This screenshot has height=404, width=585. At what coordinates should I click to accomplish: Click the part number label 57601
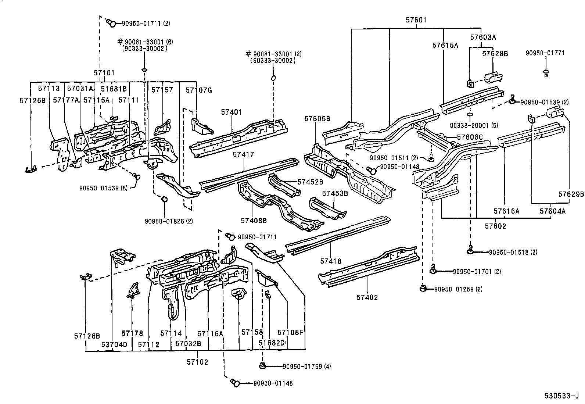pyautogui.click(x=416, y=20)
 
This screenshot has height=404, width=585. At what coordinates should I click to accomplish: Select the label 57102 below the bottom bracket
pyautogui.click(x=197, y=362)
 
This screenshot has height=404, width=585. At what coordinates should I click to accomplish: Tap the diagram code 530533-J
pyautogui.click(x=561, y=396)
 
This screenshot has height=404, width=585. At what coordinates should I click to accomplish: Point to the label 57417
pyautogui.click(x=243, y=155)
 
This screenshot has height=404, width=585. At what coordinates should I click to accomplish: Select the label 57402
pyautogui.click(x=367, y=297)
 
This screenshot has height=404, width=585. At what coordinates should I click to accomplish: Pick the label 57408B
pyautogui.click(x=254, y=221)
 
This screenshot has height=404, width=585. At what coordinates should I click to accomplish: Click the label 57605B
pyautogui.click(x=317, y=118)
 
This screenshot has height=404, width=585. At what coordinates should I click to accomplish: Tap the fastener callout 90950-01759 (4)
pyautogui.click(x=307, y=367)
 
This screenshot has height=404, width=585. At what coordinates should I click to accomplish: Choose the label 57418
pyautogui.click(x=331, y=261)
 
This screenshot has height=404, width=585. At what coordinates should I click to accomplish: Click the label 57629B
pyautogui.click(x=571, y=194)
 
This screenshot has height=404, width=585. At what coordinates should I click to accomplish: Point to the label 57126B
pyautogui.click(x=87, y=336)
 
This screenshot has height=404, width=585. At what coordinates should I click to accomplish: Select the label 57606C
pyautogui.click(x=470, y=137)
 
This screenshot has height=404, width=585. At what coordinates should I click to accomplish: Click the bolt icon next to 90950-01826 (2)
pyautogui.click(x=165, y=199)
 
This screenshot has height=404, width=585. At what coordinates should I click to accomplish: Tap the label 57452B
pyautogui.click(x=310, y=182)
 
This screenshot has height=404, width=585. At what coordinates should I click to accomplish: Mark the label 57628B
pyautogui.click(x=495, y=54)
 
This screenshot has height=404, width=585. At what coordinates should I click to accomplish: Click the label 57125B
pyautogui.click(x=32, y=100)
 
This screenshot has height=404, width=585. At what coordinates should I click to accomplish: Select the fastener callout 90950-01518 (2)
pyautogui.click(x=513, y=252)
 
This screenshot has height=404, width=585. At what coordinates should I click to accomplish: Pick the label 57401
pyautogui.click(x=232, y=112)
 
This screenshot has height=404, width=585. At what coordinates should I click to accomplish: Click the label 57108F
pyautogui.click(x=290, y=333)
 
